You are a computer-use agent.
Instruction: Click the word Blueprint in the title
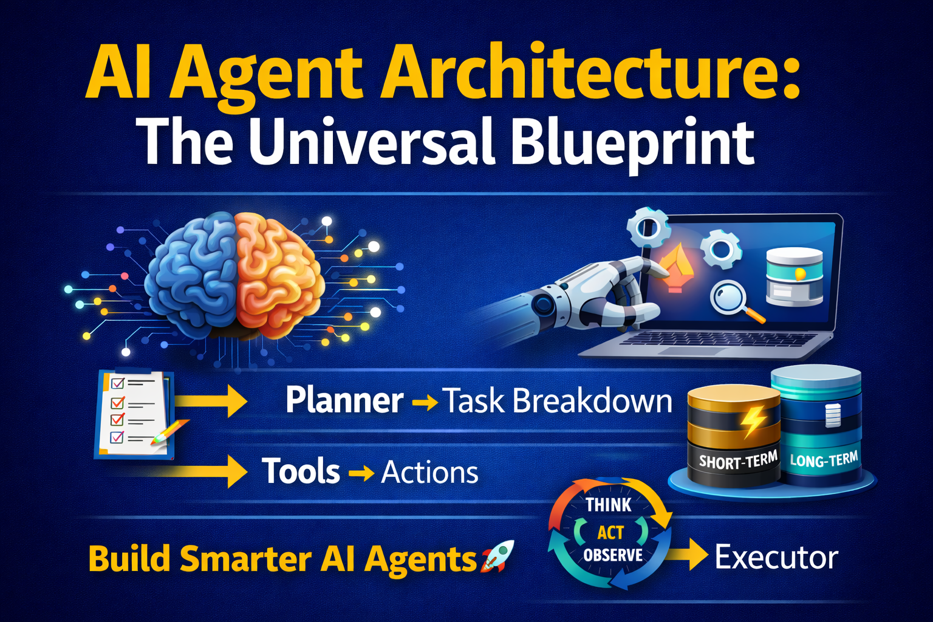[632, 143]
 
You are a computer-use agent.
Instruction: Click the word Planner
[344, 401]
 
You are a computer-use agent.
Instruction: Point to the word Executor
[776, 557]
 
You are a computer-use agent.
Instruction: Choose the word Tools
[301, 472]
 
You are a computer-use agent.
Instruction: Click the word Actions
[429, 473]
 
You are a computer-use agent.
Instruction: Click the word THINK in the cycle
[609, 505]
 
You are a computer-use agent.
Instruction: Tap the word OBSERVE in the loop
[613, 555]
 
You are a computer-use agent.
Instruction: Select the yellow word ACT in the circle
[610, 532]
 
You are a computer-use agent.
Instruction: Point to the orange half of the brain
[276, 273]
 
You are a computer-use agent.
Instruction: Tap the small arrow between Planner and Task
[425, 402]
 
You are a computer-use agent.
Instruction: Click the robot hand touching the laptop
[607, 292]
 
